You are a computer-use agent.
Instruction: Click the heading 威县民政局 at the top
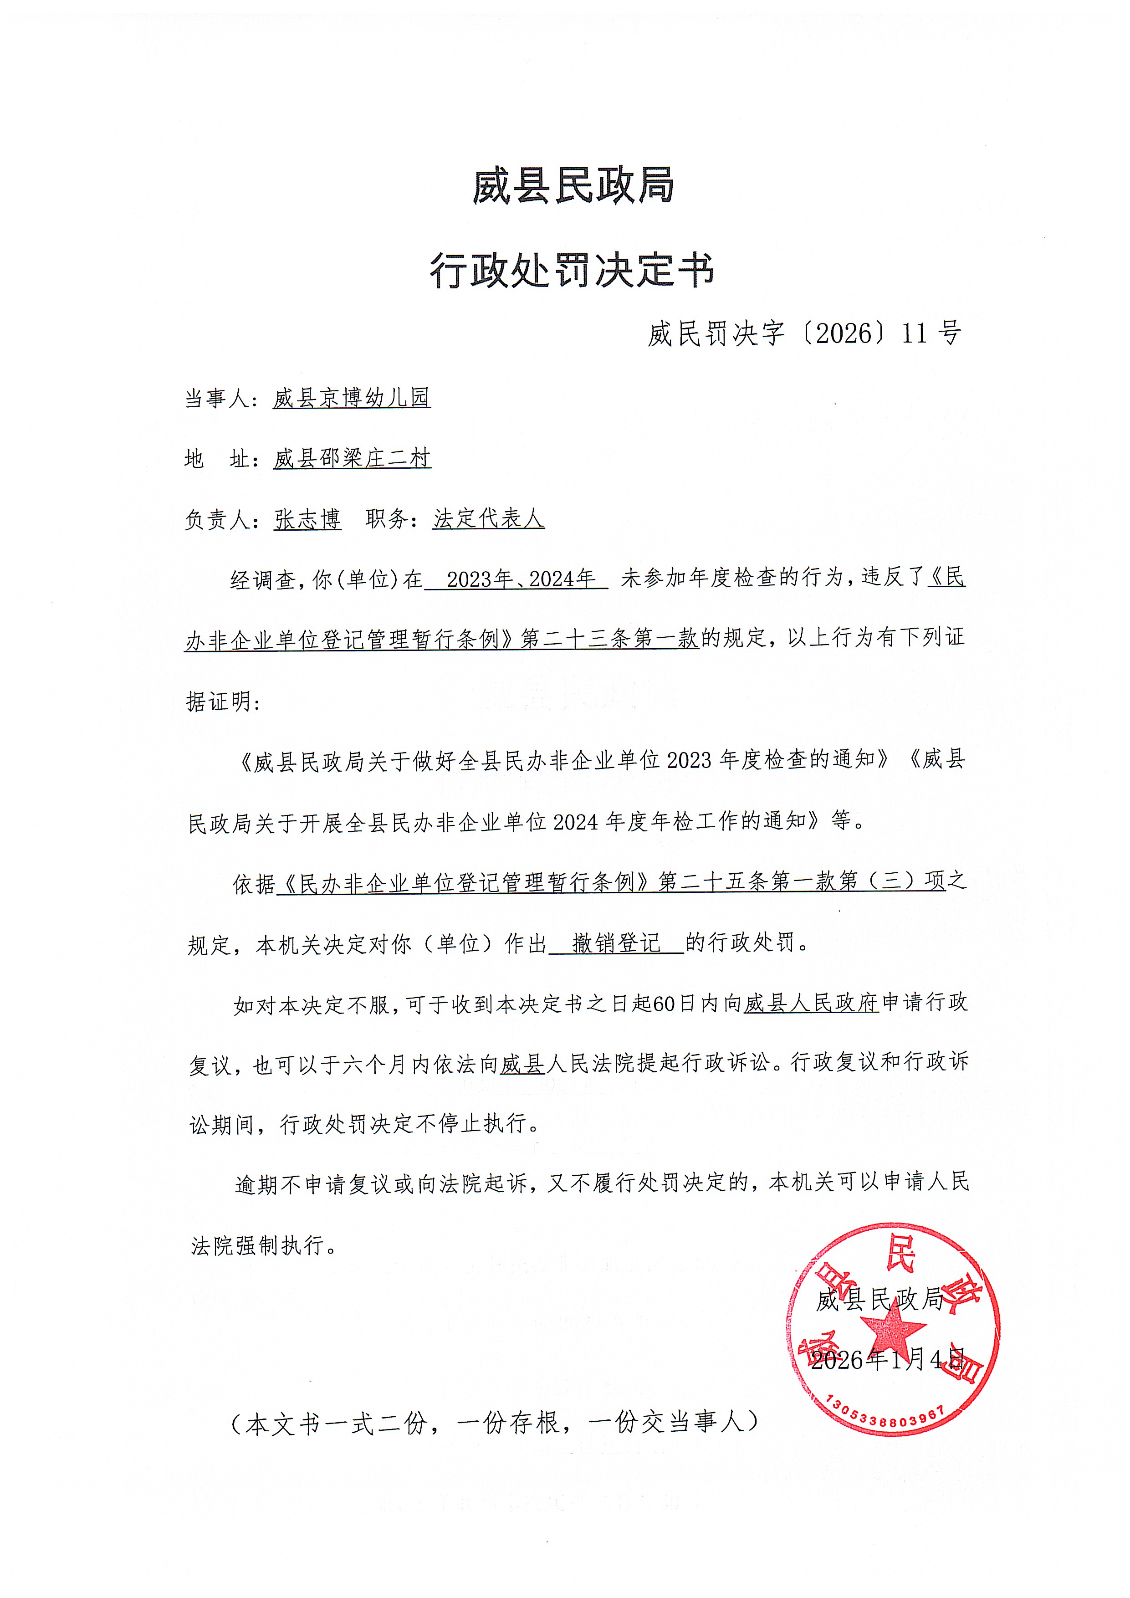573,186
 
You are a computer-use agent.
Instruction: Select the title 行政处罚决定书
572,270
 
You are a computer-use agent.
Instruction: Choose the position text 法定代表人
488,518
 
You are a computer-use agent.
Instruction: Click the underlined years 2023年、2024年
521,579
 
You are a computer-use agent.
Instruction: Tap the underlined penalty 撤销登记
617,944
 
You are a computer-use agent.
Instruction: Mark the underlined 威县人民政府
811,1004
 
